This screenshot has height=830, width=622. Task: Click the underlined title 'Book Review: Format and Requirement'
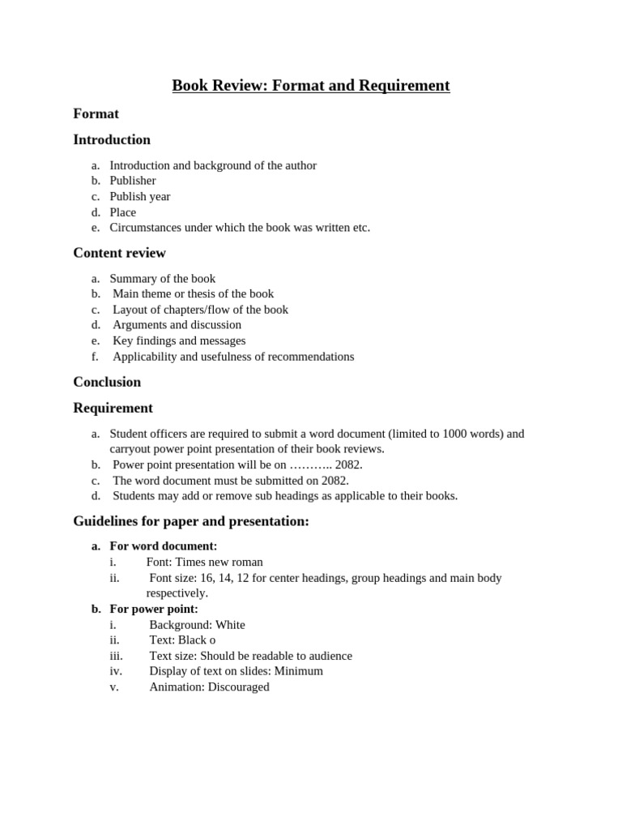(311, 85)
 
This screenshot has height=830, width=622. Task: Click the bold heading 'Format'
(96, 113)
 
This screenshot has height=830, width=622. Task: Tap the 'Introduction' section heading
(112, 139)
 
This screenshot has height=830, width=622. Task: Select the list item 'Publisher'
(133, 181)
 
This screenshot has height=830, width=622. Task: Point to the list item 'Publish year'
(140, 196)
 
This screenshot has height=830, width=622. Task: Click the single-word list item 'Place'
(123, 212)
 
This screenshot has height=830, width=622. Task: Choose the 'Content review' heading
(119, 253)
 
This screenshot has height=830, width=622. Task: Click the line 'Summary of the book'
(163, 279)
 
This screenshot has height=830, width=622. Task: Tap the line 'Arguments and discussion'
(177, 325)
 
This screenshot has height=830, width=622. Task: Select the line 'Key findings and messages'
(179, 340)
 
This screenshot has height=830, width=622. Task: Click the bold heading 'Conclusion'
(107, 382)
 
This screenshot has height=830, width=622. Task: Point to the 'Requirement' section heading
(113, 408)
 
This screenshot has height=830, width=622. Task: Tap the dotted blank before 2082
(311, 465)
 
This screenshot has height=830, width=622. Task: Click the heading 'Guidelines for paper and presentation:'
(191, 521)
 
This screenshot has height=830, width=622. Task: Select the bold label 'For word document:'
(164, 546)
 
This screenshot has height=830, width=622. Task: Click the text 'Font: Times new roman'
(204, 562)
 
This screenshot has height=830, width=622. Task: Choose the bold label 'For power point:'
(154, 609)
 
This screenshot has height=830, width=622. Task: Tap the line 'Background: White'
(197, 625)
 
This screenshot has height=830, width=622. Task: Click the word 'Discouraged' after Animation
(239, 687)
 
